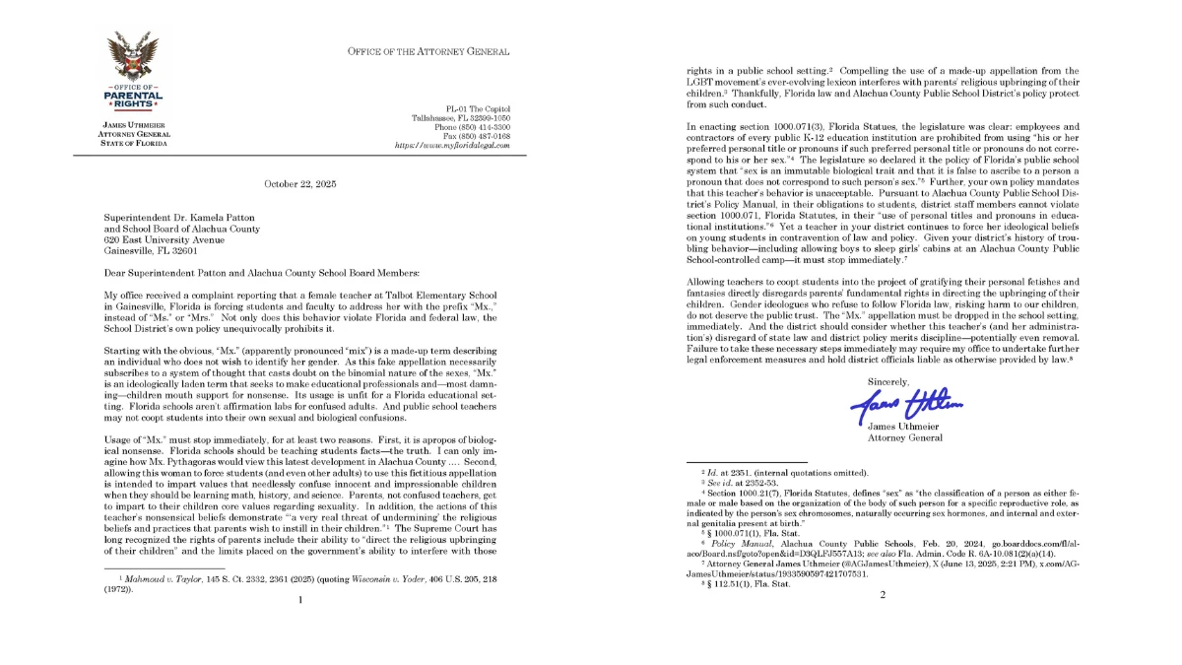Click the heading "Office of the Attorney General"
[x=428, y=51]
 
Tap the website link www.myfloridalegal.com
[x=451, y=145]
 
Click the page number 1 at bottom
[x=300, y=598]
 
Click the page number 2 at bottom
[x=883, y=594]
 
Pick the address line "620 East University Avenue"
[x=164, y=239]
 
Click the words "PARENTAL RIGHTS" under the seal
[x=134, y=100]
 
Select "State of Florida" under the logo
[x=134, y=143]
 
